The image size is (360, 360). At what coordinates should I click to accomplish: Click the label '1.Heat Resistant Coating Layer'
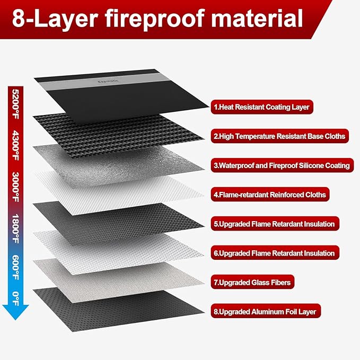pyautogui.click(x=261, y=107)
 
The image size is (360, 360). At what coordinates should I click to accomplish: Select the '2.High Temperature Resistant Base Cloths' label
pyautogui.click(x=279, y=136)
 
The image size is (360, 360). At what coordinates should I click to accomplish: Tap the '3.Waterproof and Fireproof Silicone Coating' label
pyautogui.click(x=282, y=165)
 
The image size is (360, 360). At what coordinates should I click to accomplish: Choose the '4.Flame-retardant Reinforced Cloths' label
pyautogui.click(x=269, y=195)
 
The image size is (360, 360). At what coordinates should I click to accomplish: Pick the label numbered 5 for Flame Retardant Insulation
pyautogui.click(x=274, y=224)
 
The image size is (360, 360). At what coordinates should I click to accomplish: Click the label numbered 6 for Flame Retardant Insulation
pyautogui.click(x=274, y=253)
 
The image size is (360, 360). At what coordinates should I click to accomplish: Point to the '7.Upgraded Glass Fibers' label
pyautogui.click(x=252, y=283)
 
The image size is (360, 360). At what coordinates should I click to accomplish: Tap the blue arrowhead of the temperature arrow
pyautogui.click(x=15, y=313)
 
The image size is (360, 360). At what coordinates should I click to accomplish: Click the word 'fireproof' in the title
pyautogui.click(x=159, y=19)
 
